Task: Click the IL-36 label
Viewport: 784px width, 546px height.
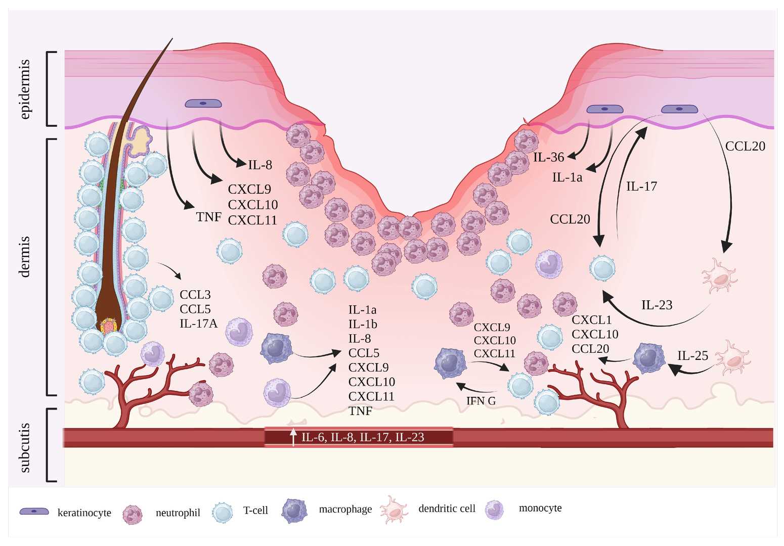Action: (548, 158)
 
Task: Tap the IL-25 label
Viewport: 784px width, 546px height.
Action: (692, 356)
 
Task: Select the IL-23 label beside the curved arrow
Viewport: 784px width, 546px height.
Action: (657, 305)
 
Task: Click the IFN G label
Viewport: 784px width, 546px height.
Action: (481, 401)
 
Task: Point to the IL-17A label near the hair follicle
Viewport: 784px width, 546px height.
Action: (198, 324)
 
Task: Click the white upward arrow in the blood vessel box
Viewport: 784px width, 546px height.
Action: (293, 437)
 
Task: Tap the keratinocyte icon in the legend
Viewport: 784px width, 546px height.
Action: (34, 511)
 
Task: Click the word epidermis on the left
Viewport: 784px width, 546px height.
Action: (25, 89)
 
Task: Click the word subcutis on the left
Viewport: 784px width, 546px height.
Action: (25, 448)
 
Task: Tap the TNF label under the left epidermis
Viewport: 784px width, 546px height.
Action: (208, 217)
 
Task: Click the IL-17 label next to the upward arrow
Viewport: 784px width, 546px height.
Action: (641, 187)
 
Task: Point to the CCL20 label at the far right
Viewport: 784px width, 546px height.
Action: (745, 147)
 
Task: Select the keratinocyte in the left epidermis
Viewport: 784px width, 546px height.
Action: (203, 104)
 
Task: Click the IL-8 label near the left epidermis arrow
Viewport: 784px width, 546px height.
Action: (260, 165)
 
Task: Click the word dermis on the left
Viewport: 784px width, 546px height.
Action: (25, 256)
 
